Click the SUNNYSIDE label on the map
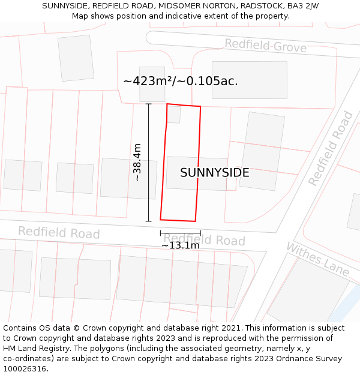[214, 173]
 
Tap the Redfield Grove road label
[265, 46]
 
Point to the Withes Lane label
[317, 259]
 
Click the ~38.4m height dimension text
[137, 162]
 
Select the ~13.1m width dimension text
[180, 245]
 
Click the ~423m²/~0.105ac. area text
[180, 81]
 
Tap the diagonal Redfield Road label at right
[331, 148]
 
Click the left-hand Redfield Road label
[59, 232]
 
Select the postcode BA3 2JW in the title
[303, 5]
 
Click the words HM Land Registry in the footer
[37, 348]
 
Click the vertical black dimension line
[149, 162]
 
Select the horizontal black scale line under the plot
[180, 233]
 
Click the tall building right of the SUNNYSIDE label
[262, 151]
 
